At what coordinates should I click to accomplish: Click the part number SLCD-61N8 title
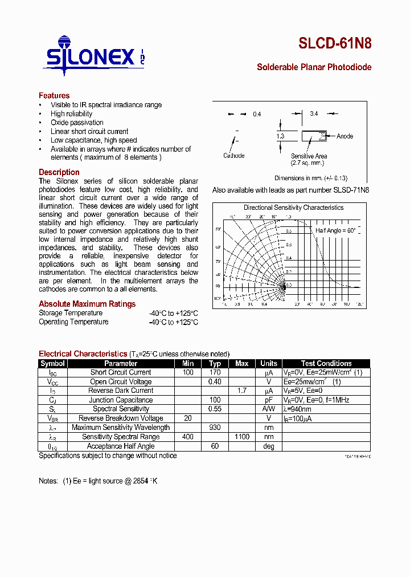pyautogui.click(x=335, y=44)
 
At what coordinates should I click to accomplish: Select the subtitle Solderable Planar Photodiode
pyautogui.click(x=314, y=67)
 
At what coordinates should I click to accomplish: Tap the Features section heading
pyautogui.click(x=54, y=96)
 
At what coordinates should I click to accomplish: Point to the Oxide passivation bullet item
pyautogui.click(x=77, y=123)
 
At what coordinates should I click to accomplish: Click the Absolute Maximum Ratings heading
pyautogui.click(x=87, y=304)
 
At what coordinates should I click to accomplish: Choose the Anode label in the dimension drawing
pyautogui.click(x=345, y=136)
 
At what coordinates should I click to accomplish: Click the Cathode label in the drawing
pyautogui.click(x=233, y=156)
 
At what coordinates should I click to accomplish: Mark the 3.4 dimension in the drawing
pyautogui.click(x=314, y=114)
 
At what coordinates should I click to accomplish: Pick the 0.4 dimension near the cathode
pyautogui.click(x=257, y=115)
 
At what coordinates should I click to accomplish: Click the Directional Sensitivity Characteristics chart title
pyautogui.click(x=293, y=208)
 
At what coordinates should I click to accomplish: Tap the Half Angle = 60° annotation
pyautogui.click(x=335, y=230)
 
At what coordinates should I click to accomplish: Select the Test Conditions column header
pyautogui.click(x=326, y=363)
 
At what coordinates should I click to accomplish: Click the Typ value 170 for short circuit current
pyautogui.click(x=215, y=372)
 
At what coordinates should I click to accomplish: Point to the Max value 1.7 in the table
pyautogui.click(x=241, y=391)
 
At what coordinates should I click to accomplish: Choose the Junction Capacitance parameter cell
pyautogui.click(x=121, y=400)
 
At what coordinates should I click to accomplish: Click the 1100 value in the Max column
pyautogui.click(x=241, y=437)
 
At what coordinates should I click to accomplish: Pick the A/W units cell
pyautogui.click(x=269, y=409)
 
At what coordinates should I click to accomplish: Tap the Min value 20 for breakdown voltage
pyautogui.click(x=188, y=418)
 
